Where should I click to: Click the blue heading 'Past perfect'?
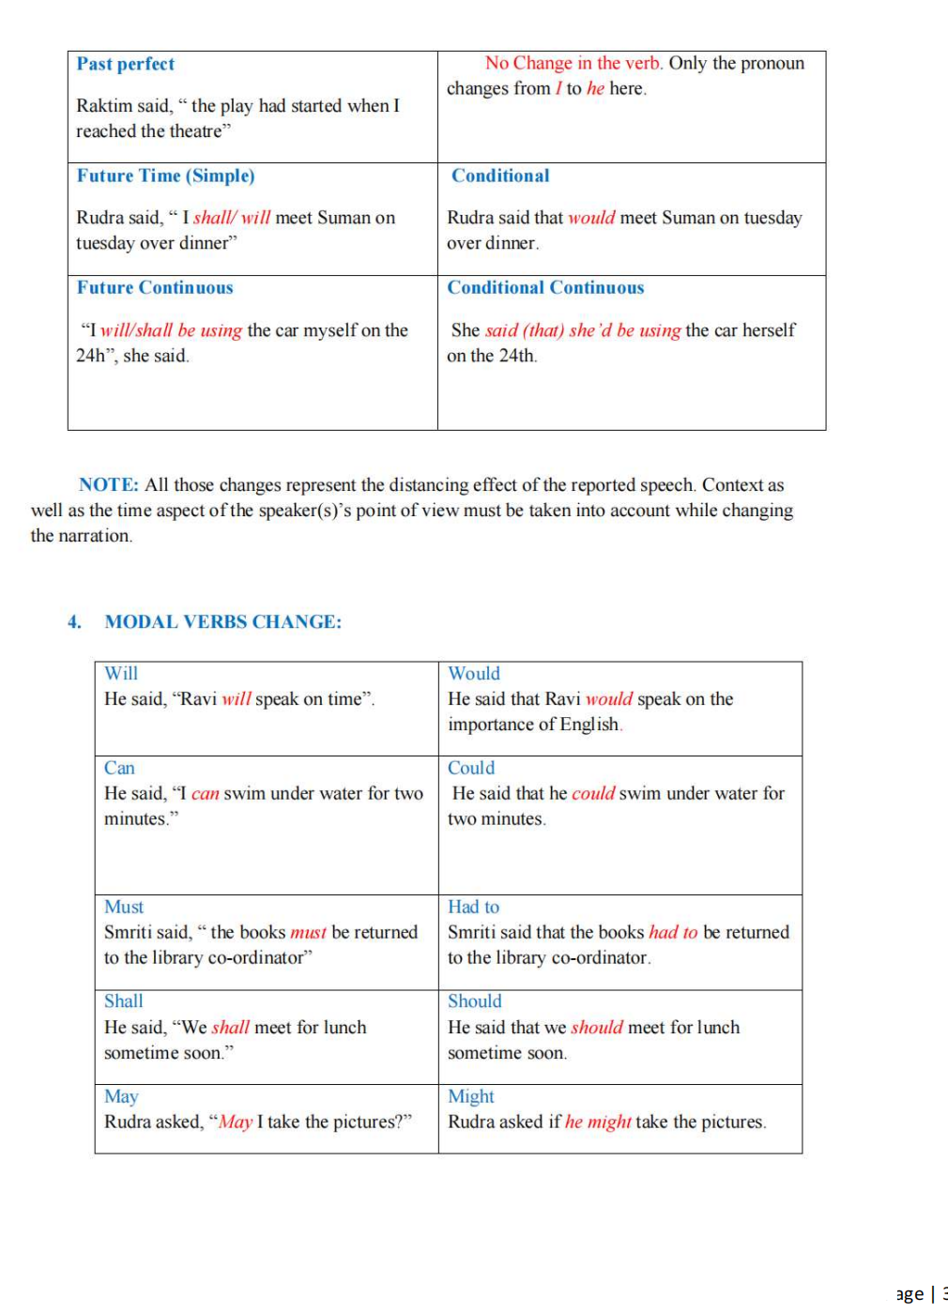126,64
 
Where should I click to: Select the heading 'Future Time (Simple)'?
165,176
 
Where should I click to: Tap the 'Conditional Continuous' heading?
545,287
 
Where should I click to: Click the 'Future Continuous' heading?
155,287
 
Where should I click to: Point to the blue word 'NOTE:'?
109,484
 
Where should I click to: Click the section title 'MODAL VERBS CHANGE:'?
223,621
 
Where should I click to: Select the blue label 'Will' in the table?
121,673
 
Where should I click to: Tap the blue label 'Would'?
474,673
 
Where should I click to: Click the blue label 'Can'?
119,768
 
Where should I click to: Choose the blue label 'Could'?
471,768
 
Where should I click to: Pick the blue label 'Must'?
124,907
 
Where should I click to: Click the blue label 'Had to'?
473,907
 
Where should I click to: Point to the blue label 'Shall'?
124,1000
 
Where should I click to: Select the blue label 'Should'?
474,1000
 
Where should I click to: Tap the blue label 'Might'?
471,1096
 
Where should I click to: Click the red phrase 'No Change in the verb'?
573,63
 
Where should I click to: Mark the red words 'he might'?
598,1122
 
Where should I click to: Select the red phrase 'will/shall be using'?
171,330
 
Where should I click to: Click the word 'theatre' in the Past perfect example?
195,131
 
